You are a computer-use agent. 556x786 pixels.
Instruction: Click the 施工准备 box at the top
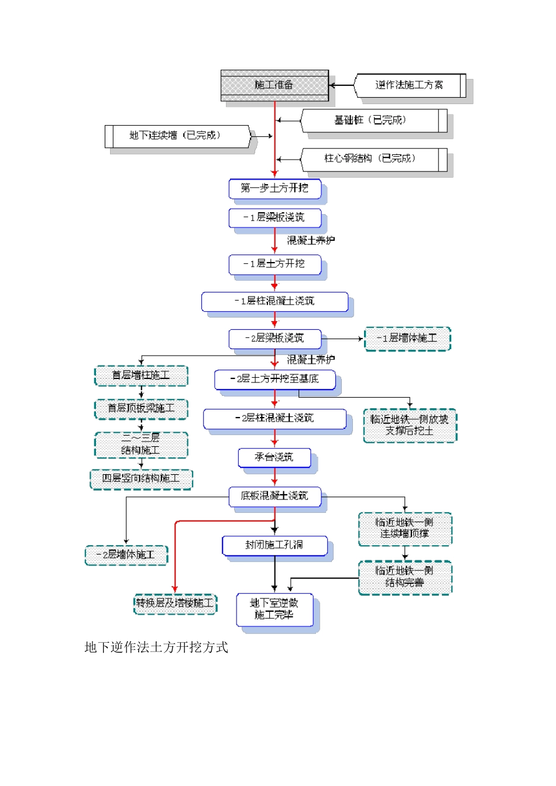pyautogui.click(x=274, y=85)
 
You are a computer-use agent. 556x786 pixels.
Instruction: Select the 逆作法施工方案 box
pyautogui.click(x=409, y=85)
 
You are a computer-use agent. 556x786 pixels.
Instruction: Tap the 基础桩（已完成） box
pyautogui.click(x=371, y=120)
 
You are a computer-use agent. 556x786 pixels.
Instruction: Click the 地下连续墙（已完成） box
pyautogui.click(x=176, y=136)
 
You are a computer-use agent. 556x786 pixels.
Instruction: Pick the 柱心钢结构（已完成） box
pyautogui.click(x=371, y=159)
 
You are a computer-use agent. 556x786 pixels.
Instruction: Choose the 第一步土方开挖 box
pyautogui.click(x=274, y=188)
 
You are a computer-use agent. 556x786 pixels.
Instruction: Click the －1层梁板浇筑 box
pyautogui.click(x=274, y=218)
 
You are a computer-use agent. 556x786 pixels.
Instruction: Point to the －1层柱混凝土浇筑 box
pyautogui.click(x=274, y=301)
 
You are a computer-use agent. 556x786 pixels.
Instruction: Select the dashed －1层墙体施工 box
pyautogui.click(x=407, y=339)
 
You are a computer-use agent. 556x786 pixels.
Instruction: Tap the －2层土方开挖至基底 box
pyautogui.click(x=274, y=379)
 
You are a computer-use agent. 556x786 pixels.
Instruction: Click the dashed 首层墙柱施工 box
pyautogui.click(x=141, y=375)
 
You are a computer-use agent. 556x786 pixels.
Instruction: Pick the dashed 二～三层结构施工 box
pyautogui.click(x=141, y=444)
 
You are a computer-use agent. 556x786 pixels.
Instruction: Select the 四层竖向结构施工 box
pyautogui.click(x=141, y=479)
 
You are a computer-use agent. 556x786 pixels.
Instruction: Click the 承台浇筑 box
pyautogui.click(x=274, y=457)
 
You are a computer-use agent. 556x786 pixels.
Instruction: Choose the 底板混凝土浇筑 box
pyautogui.click(x=274, y=496)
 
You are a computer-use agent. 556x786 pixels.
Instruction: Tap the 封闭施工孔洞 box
pyautogui.click(x=274, y=545)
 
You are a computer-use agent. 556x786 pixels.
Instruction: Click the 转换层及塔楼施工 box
pyautogui.click(x=175, y=603)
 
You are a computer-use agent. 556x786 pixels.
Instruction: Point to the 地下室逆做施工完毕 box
pyautogui.click(x=274, y=609)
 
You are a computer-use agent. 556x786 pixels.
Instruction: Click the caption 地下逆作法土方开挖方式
pyautogui.click(x=156, y=647)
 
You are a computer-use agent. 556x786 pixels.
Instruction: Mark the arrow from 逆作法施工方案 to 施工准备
pyautogui.click(x=342, y=85)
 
